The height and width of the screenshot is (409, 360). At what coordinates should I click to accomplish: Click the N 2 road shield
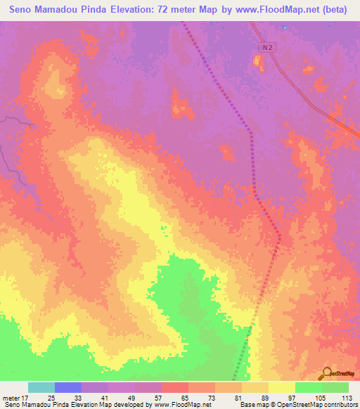click(x=264, y=47)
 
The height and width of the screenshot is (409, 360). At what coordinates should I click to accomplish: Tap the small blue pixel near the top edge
click(x=284, y=28)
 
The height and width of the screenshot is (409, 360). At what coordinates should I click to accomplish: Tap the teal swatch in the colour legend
click(x=41, y=387)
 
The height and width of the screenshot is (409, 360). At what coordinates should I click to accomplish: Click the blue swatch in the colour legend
click(x=68, y=387)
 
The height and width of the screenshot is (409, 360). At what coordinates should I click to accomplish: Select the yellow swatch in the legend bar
click(x=281, y=387)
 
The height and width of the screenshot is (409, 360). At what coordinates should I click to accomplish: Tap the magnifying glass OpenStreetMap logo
click(x=326, y=372)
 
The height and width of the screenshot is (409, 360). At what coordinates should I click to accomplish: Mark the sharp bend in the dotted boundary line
click(x=252, y=131)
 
